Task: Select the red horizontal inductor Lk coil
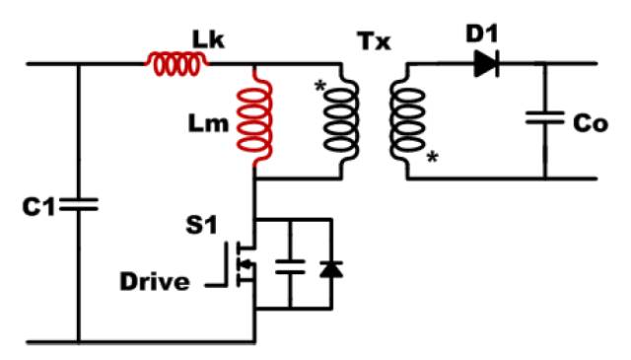[177, 64]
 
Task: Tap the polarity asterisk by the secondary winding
[431, 157]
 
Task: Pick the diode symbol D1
[484, 64]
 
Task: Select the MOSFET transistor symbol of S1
[245, 264]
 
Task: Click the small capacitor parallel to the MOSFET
[289, 264]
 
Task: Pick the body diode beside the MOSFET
[330, 264]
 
